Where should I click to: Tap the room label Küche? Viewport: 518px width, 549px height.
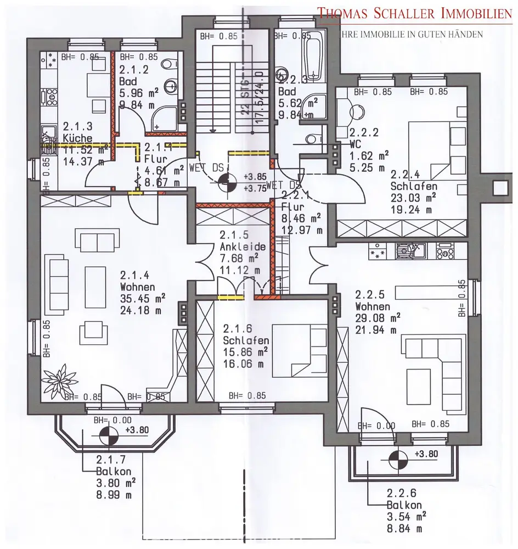coord(77,138)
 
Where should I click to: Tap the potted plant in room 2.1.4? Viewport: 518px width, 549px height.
coord(57,379)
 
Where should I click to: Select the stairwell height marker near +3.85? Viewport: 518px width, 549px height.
coord(227,183)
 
